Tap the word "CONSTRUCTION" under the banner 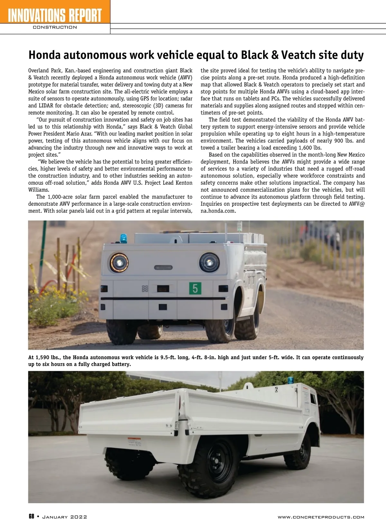point(55,27)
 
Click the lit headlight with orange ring point(119,262)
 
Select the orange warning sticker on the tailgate point(136,441)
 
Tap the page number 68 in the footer point(32,517)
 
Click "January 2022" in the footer point(65,517)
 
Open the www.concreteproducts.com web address point(321,517)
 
